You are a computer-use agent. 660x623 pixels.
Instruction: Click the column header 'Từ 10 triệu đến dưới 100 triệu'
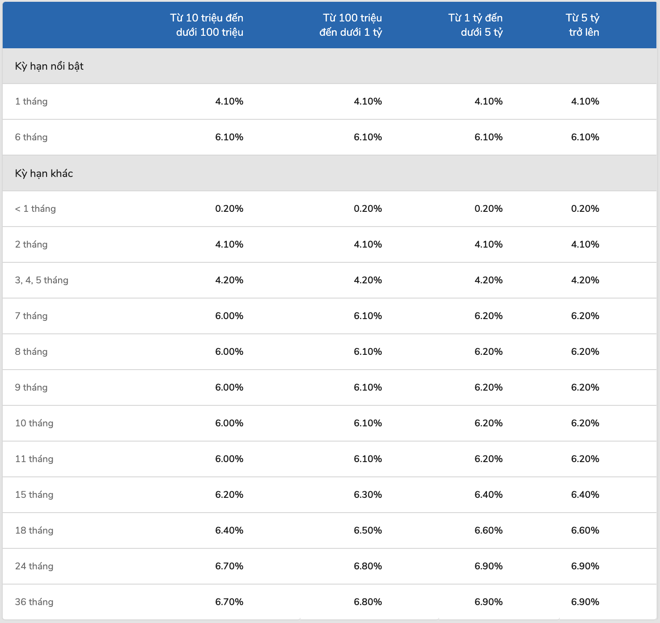pyautogui.click(x=207, y=25)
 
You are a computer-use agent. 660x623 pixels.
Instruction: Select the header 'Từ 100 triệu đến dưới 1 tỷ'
pyautogui.click(x=351, y=25)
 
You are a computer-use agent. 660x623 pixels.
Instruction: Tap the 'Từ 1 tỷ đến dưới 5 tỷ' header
pyautogui.click(x=475, y=25)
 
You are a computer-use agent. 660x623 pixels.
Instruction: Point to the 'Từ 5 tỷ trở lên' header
pyautogui.click(x=583, y=25)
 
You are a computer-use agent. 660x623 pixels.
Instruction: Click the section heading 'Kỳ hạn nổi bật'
pyautogui.click(x=49, y=66)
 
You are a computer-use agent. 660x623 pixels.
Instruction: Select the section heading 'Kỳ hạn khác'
pyautogui.click(x=44, y=173)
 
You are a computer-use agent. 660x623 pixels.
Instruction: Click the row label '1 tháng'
pyautogui.click(x=31, y=101)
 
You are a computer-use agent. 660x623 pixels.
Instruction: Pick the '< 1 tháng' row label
pyautogui.click(x=35, y=209)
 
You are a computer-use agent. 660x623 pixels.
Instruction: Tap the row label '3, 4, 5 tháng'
pyautogui.click(x=42, y=280)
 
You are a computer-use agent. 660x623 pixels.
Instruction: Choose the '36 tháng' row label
pyautogui.click(x=34, y=602)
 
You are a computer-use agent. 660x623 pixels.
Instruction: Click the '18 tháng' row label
pyautogui.click(x=34, y=530)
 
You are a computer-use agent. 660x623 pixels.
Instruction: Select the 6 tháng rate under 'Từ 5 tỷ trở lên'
pyautogui.click(x=585, y=137)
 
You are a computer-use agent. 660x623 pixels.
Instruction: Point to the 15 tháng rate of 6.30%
pyautogui.click(x=368, y=494)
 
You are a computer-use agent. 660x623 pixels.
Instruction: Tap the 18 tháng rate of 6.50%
pyautogui.click(x=368, y=530)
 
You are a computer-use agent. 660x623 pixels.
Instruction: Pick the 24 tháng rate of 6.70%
pyautogui.click(x=229, y=566)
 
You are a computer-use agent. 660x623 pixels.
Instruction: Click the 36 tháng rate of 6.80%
pyautogui.click(x=368, y=602)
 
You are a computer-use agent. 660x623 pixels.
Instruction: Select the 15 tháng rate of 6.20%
pyautogui.click(x=229, y=494)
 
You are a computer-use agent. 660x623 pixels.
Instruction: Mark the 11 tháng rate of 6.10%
pyautogui.click(x=368, y=459)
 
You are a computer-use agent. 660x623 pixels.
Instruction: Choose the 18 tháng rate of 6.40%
pyautogui.click(x=229, y=530)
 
